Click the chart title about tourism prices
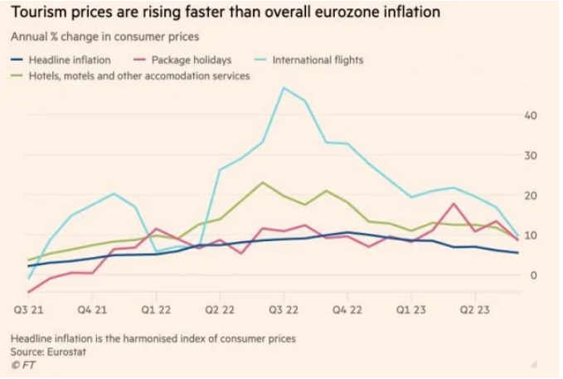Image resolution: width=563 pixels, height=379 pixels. [225, 13]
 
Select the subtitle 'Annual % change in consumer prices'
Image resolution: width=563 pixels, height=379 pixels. [105, 37]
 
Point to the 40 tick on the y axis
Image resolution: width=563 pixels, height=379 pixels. [532, 115]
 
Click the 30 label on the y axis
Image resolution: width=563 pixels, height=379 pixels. [532, 156]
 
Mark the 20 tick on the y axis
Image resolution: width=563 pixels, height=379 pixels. [532, 196]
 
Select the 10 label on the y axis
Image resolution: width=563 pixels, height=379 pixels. [532, 236]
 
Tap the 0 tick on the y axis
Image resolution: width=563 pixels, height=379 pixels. [535, 275]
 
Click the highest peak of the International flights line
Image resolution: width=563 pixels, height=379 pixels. [284, 87]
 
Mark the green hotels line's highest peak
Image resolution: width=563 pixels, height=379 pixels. [262, 182]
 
